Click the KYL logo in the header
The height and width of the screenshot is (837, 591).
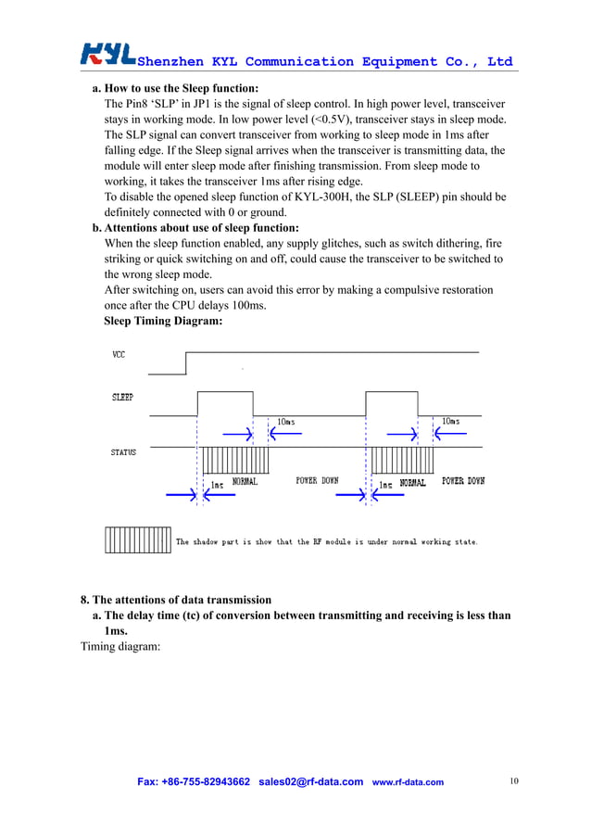click(108, 55)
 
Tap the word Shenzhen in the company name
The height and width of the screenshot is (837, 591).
click(170, 62)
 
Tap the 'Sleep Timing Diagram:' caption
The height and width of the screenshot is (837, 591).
click(163, 321)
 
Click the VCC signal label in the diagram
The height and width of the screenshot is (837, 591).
click(119, 354)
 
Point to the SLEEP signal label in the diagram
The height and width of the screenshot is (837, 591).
click(122, 397)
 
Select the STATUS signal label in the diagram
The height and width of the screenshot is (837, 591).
click(124, 452)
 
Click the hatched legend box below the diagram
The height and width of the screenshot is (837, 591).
click(137, 540)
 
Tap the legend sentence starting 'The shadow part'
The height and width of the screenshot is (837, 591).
click(327, 541)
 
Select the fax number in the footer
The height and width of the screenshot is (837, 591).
click(194, 781)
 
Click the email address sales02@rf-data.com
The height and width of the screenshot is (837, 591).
click(310, 781)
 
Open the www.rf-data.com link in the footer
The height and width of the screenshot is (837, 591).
click(408, 782)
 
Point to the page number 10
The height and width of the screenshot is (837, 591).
click(514, 781)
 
